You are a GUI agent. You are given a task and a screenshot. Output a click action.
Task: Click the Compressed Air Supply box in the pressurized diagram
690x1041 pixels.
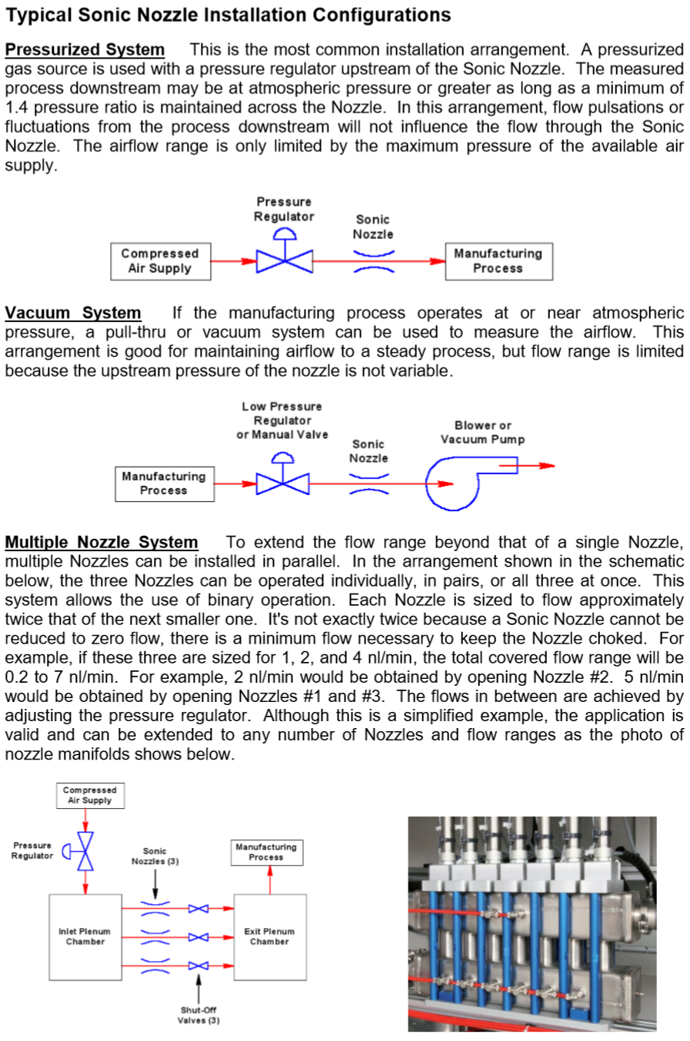point(160,261)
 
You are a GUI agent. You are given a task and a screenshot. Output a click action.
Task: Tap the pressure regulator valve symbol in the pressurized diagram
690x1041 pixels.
point(284,260)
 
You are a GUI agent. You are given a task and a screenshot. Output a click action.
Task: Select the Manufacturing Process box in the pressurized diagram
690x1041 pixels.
point(498,261)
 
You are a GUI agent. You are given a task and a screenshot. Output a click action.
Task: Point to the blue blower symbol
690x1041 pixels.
point(454,484)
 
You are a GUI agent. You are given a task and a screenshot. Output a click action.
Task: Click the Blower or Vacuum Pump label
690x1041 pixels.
point(482,432)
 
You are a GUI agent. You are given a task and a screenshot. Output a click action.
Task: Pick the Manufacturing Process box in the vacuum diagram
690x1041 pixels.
point(164,484)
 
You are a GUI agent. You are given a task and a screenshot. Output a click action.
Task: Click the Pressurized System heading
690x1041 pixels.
point(85,50)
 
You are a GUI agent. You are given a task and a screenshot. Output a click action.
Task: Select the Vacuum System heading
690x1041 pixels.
point(73,313)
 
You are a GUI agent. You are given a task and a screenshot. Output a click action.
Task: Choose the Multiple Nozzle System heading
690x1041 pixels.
point(102,542)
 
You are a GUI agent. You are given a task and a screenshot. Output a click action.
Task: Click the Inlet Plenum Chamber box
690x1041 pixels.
point(85,936)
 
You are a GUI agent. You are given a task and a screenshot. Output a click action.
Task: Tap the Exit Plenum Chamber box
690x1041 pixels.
point(269,936)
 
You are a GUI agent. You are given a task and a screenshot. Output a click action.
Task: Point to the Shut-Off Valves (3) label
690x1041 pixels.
point(198,1015)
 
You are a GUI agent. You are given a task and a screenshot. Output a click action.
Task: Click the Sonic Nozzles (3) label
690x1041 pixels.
point(155,856)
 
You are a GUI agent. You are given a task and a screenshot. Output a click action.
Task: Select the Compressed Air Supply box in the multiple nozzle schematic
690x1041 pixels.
point(90,795)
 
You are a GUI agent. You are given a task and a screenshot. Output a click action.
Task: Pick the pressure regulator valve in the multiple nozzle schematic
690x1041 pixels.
point(85,850)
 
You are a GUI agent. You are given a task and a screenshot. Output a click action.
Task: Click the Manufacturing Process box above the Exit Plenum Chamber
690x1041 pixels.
point(266,852)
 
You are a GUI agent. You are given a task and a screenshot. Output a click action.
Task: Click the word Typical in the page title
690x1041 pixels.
point(38,15)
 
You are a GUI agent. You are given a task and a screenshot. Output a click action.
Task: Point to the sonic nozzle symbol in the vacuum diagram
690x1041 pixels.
point(369,484)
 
